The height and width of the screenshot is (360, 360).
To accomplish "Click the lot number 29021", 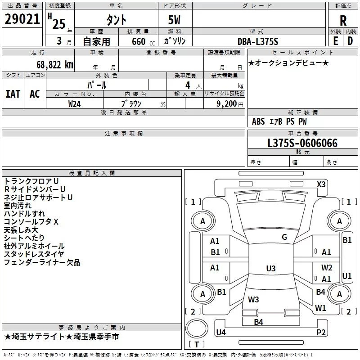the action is click(x=22, y=19).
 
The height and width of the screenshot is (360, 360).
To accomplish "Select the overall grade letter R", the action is click(x=343, y=21).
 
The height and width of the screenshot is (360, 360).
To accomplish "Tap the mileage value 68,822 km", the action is click(x=55, y=65).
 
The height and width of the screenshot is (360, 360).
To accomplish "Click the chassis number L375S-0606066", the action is click(x=302, y=143).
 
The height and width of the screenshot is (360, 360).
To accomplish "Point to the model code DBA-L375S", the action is click(x=258, y=41).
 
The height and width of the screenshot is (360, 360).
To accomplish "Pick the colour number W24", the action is click(x=74, y=104).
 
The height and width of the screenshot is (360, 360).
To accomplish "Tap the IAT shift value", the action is click(x=13, y=94).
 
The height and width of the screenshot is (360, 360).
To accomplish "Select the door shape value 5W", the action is click(x=174, y=20).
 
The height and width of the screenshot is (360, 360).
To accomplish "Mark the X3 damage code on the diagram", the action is click(x=321, y=184).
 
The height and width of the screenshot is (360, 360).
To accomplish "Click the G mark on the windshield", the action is click(x=284, y=237).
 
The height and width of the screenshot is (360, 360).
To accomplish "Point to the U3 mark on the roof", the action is click(x=271, y=268).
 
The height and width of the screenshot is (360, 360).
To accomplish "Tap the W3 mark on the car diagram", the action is click(x=253, y=299).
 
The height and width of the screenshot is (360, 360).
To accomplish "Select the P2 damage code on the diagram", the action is click(x=321, y=332).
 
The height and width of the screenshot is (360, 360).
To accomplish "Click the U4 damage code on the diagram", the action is click(x=221, y=332).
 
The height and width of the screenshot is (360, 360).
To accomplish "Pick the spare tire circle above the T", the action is click(x=197, y=328).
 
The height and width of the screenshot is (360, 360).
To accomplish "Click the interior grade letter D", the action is click(x=350, y=41).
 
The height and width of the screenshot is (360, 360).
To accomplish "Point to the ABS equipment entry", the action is click(x=258, y=121).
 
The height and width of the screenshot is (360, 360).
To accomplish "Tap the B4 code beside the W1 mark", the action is click(x=320, y=292).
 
